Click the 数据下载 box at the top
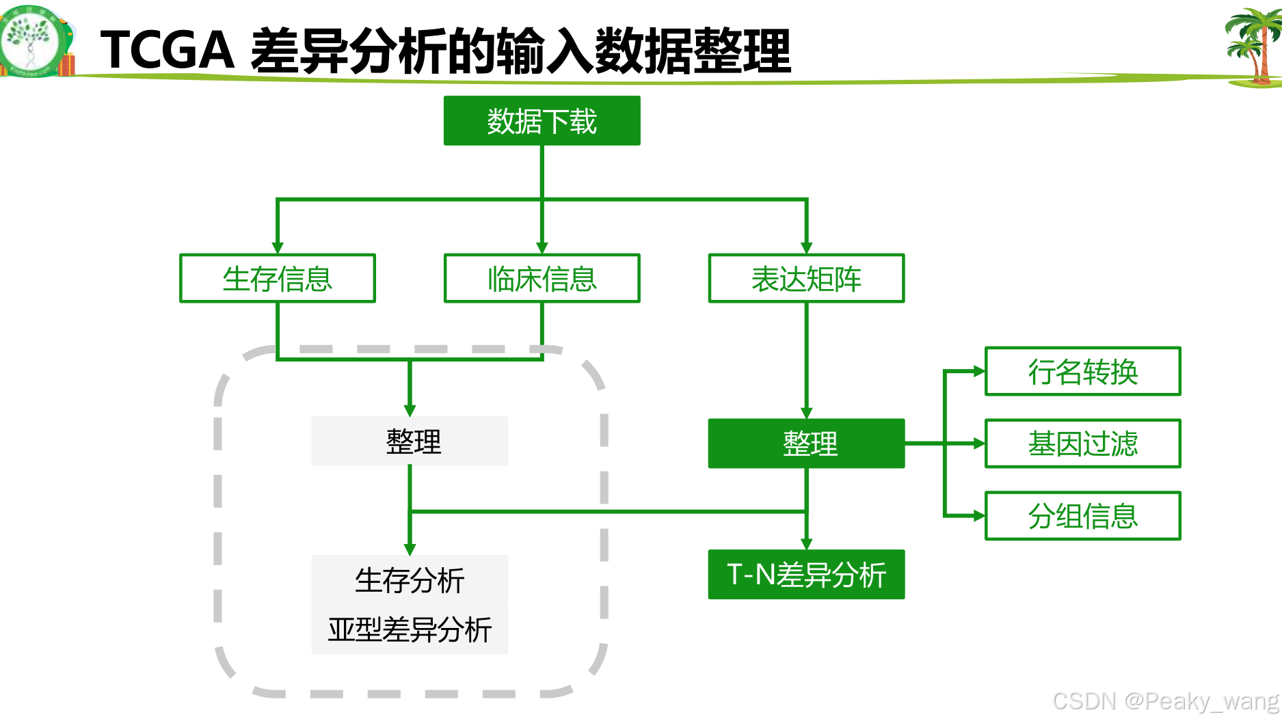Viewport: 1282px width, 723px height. (x=542, y=121)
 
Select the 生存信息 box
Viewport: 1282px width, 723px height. (x=277, y=278)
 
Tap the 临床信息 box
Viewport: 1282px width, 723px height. (x=542, y=278)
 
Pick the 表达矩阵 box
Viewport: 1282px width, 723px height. (x=806, y=278)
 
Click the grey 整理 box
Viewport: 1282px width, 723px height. (x=410, y=441)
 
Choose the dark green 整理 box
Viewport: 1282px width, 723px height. (x=806, y=444)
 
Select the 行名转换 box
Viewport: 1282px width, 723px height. (x=1082, y=371)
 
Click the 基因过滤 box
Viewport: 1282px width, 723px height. (x=1082, y=444)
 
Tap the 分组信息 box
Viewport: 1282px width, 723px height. (x=1082, y=516)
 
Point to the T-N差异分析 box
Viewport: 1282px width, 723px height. (x=806, y=574)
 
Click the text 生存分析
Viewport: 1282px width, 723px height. (x=410, y=581)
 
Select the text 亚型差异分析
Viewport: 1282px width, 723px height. (x=410, y=629)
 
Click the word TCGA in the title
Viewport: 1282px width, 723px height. (x=168, y=51)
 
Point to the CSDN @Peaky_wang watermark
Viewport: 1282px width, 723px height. (x=1165, y=701)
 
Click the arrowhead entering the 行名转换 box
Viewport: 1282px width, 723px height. (x=979, y=371)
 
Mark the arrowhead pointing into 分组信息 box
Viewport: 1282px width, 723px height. (x=979, y=516)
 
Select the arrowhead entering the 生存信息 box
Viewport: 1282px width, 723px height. (x=277, y=248)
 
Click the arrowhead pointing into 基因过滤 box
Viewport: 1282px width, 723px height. (x=979, y=444)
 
